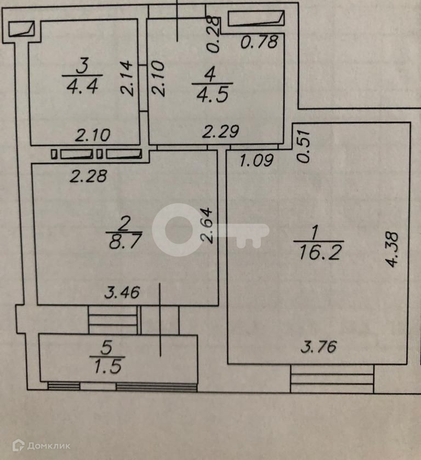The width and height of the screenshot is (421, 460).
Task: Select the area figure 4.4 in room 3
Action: tap(81, 86)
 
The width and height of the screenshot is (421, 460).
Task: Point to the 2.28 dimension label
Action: tap(88, 176)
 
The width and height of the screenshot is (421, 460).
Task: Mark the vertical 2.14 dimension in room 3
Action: tap(128, 78)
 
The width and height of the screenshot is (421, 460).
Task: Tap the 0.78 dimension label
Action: tap(261, 42)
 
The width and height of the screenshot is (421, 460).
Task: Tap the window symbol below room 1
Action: tap(332, 379)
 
